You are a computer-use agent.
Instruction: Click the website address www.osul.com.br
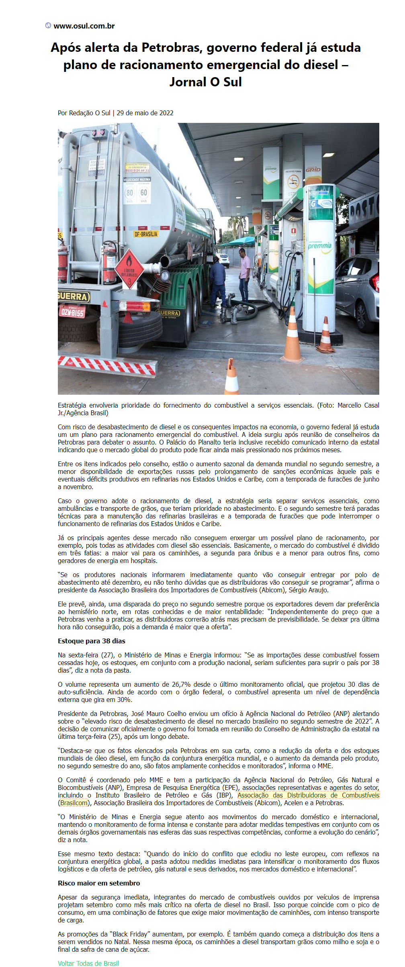pyautogui.click(x=84, y=26)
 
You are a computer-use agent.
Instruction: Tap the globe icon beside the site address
pyautogui.click(x=48, y=26)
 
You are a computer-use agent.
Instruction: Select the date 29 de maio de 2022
pyautogui.click(x=145, y=113)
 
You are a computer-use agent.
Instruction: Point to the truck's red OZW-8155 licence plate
pyautogui.click(x=72, y=312)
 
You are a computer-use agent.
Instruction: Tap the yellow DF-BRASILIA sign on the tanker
pyautogui.click(x=146, y=234)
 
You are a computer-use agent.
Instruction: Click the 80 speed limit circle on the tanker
pyautogui.click(x=129, y=193)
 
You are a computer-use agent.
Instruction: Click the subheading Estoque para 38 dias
pyautogui.click(x=92, y=641)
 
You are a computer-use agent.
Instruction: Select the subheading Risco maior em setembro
pyautogui.click(x=99, y=883)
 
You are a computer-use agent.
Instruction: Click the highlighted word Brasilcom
pyautogui.click(x=74, y=803)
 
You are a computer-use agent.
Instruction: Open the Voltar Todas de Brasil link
pyautogui.click(x=88, y=963)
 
